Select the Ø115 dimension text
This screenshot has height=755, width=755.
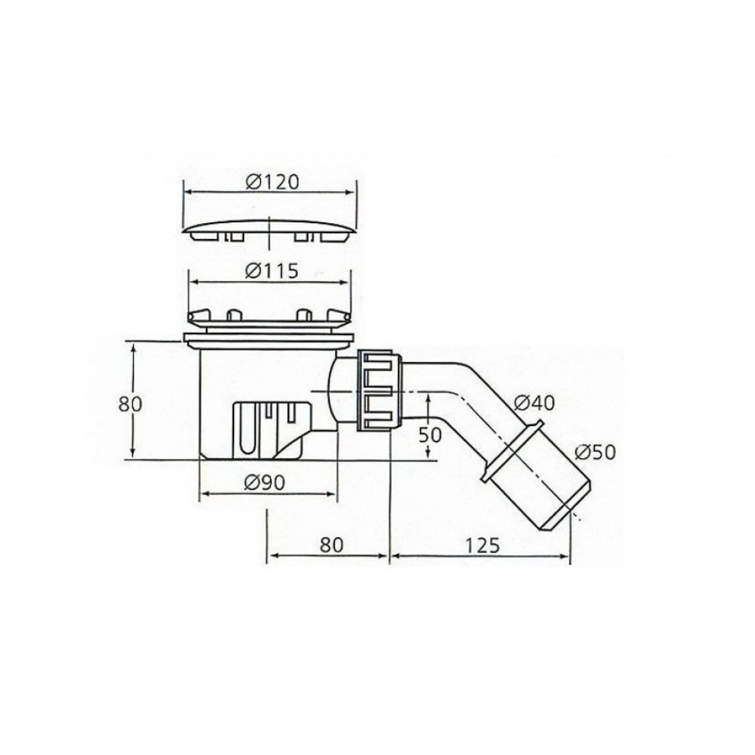(x=271, y=271)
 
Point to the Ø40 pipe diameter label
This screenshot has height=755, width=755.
(x=534, y=403)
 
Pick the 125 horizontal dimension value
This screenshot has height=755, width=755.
(x=483, y=546)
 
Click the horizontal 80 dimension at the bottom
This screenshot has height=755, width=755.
(x=331, y=545)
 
